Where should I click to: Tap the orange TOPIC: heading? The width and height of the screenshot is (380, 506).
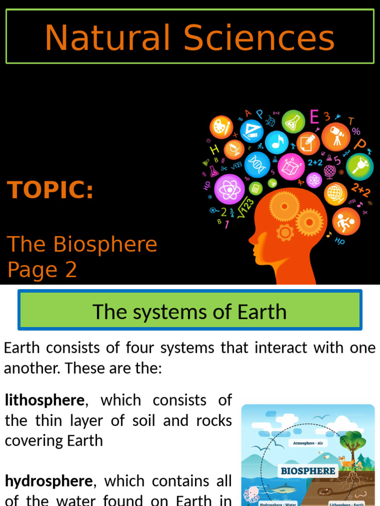click(x=50, y=190)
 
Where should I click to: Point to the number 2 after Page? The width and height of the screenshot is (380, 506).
click(x=70, y=270)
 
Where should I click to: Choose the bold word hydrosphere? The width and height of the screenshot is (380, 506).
click(x=48, y=481)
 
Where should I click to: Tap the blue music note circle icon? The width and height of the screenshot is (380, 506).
click(x=277, y=142)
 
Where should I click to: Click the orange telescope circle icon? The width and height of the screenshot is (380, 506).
click(x=335, y=136)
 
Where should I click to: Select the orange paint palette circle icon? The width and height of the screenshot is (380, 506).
click(x=221, y=127)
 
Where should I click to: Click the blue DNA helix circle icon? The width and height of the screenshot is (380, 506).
click(x=257, y=164)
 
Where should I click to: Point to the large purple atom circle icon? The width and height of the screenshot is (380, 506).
click(x=230, y=189)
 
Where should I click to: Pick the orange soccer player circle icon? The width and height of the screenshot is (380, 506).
click(x=346, y=221)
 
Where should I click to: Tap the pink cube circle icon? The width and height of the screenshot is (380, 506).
click(x=291, y=167)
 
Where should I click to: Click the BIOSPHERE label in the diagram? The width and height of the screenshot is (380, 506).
click(x=308, y=471)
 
